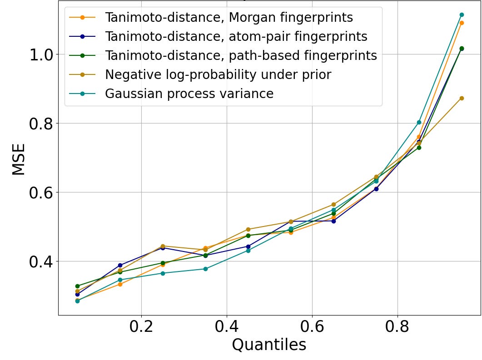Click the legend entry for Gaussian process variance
point(189,94)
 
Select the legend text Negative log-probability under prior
point(218,74)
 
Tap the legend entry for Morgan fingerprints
point(229,18)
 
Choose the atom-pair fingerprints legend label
point(236,36)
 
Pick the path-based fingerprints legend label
point(241,55)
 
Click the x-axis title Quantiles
point(269,345)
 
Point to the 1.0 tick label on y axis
point(42,54)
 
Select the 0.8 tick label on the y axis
point(42,123)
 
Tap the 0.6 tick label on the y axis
point(42,192)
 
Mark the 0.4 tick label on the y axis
point(42,261)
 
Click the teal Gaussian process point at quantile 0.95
point(462,15)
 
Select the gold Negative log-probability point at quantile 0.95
point(462,98)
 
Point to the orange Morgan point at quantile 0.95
point(462,23)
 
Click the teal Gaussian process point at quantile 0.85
point(419,122)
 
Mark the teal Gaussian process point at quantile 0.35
point(205,269)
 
